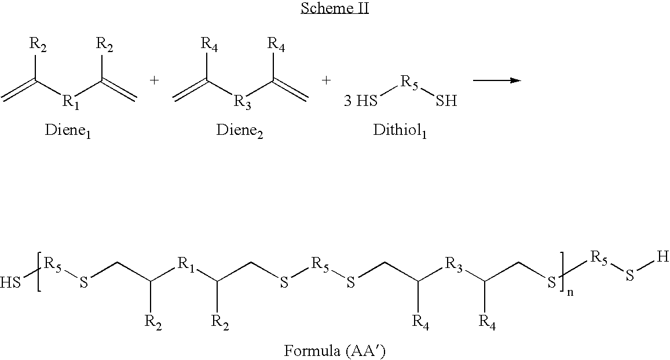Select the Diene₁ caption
click(x=68, y=130)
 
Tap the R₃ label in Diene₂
click(x=241, y=103)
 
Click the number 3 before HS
click(x=347, y=102)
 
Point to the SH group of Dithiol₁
click(x=446, y=102)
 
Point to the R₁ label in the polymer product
click(x=185, y=265)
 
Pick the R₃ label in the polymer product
click(x=452, y=265)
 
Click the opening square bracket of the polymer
click(x=39, y=272)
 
